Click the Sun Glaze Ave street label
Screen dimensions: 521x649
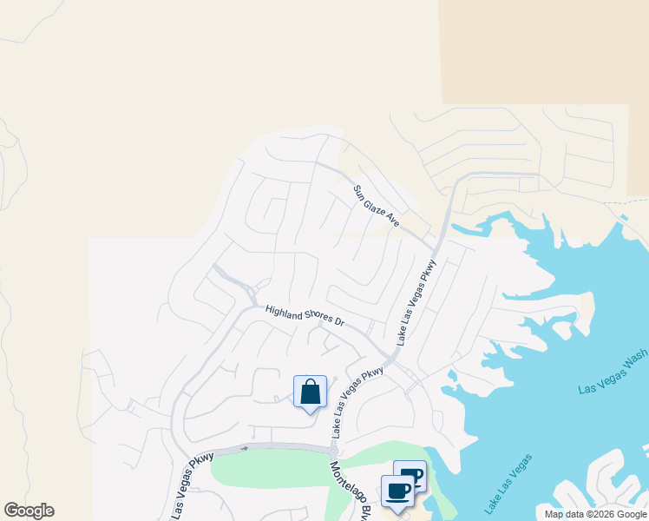click(376, 207)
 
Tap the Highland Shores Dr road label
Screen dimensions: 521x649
click(305, 315)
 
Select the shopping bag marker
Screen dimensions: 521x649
click(310, 392)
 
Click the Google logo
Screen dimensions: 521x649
click(29, 511)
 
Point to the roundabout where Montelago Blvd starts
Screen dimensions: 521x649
click(333, 452)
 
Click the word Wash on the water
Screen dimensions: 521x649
click(636, 359)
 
